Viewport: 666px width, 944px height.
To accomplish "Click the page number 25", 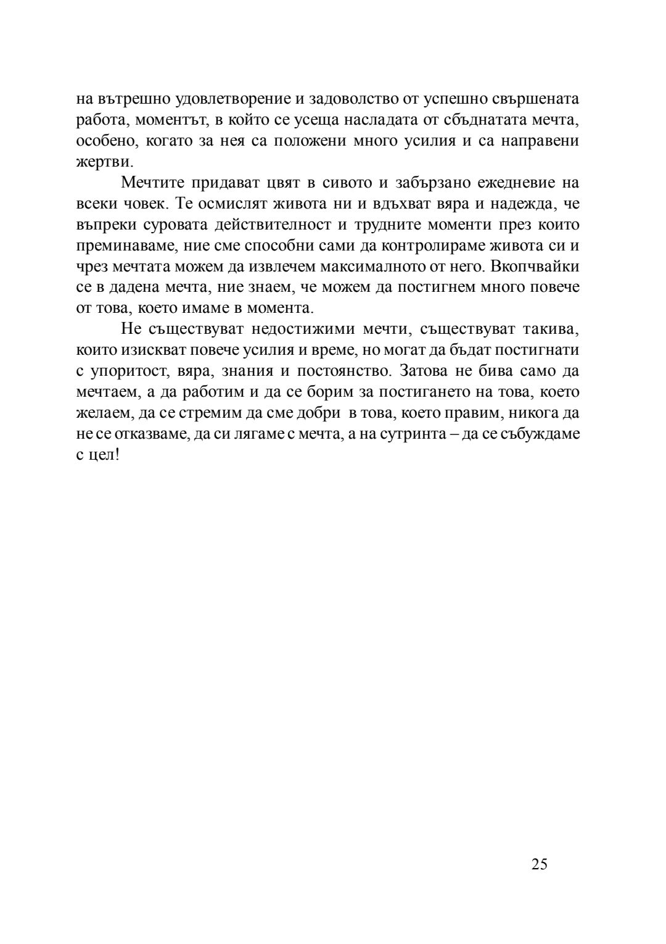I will (539, 864).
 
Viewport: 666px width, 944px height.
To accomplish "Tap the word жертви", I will (104, 162).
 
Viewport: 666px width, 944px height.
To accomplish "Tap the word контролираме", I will (434, 246).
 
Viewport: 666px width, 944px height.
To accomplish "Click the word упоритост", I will (128, 371).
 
